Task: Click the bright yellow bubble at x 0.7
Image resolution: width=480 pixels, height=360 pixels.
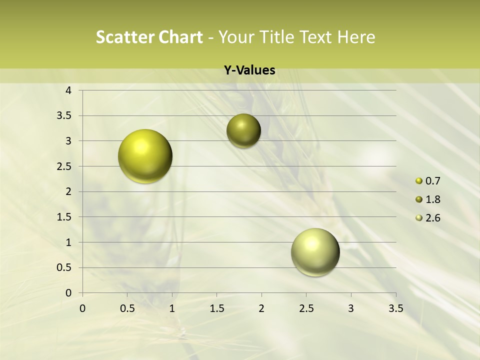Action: click(x=145, y=156)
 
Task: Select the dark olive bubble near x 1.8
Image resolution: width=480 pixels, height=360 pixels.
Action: click(x=243, y=130)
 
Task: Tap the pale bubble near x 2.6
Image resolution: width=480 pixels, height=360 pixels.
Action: click(x=315, y=252)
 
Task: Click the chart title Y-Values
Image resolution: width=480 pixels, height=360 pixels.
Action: click(x=249, y=70)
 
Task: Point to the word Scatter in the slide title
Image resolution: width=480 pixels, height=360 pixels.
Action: click(x=124, y=37)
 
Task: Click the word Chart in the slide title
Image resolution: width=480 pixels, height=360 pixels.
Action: click(x=180, y=37)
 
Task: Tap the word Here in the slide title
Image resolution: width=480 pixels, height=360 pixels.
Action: click(x=356, y=37)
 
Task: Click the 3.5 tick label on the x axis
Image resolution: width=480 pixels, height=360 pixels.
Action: click(x=395, y=308)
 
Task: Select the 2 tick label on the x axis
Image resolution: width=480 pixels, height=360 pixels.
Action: click(x=261, y=308)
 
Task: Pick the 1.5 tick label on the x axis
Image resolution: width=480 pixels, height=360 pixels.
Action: click(x=216, y=308)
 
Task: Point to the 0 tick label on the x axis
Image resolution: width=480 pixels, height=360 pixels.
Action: click(x=82, y=308)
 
